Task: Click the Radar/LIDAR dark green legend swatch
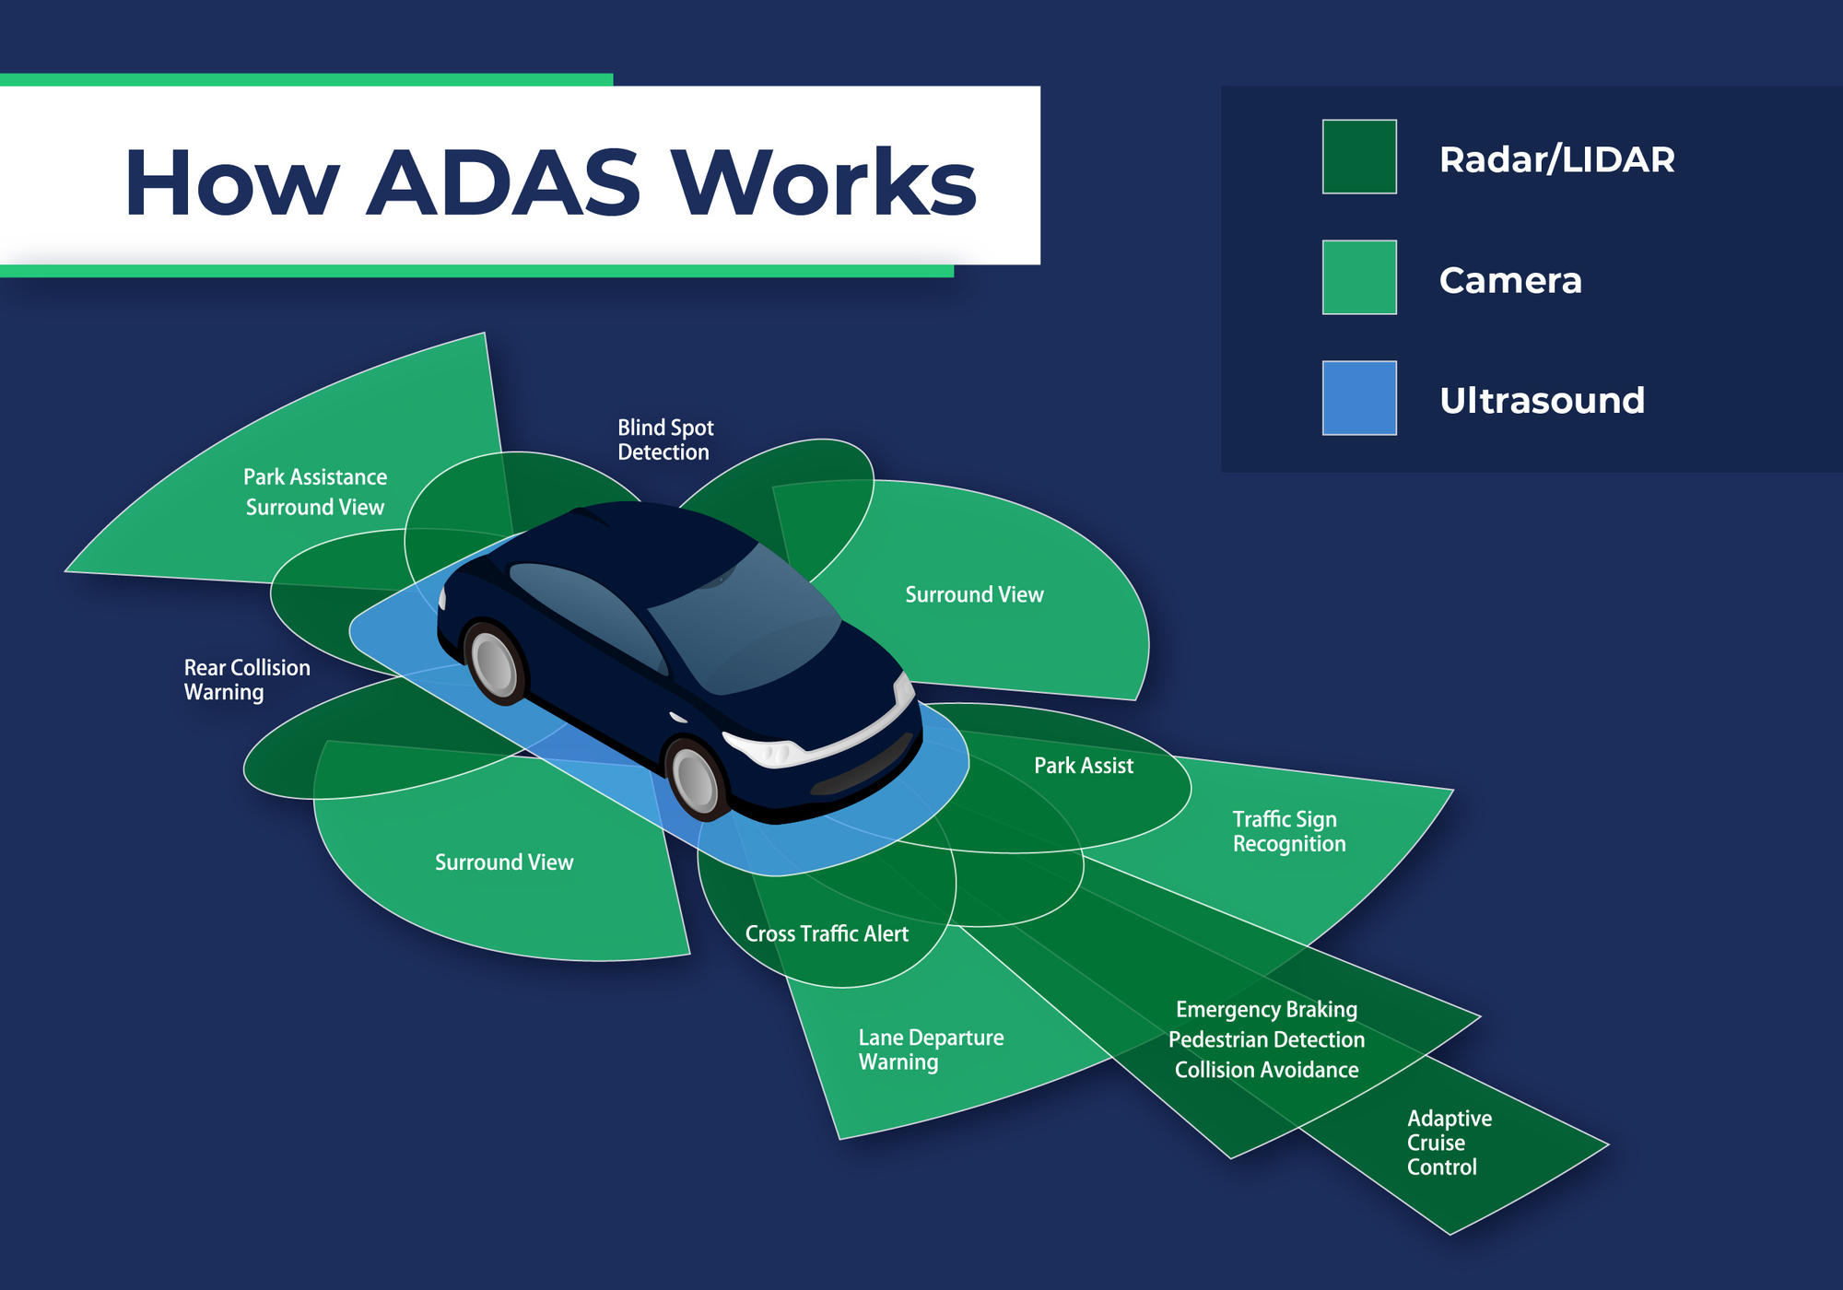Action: (1359, 157)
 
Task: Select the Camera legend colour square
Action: (1359, 277)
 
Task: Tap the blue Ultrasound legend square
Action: (1359, 398)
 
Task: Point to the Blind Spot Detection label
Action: (664, 440)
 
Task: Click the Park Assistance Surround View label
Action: (315, 492)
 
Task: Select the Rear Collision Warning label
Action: (246, 680)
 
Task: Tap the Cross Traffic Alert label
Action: (827, 933)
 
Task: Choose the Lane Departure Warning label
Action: (931, 1050)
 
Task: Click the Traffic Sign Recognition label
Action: (1288, 831)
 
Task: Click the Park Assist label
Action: (1084, 766)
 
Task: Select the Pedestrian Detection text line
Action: (1266, 1039)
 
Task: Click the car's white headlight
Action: (769, 749)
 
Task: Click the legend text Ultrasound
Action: (1542, 400)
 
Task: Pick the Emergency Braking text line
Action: (1266, 1009)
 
